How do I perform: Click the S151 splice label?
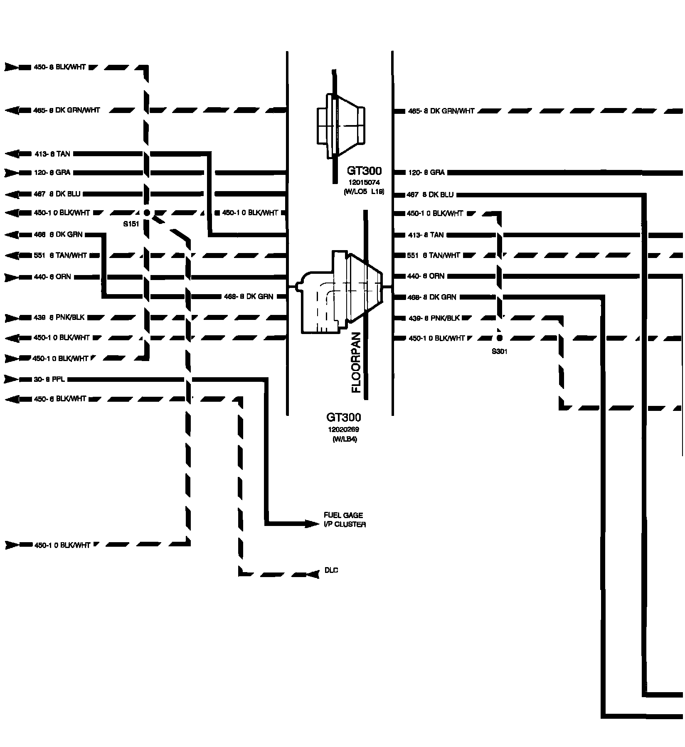131,224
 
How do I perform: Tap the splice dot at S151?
146,213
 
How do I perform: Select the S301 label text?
499,351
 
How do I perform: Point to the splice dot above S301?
499,338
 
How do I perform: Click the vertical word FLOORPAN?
357,362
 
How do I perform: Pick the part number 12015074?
364,182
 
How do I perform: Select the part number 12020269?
343,429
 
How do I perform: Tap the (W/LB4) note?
344,440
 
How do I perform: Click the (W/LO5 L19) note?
364,192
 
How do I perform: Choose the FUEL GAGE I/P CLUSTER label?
345,520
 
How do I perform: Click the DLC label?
331,570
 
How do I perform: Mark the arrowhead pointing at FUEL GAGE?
311,524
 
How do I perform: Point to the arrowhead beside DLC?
313,575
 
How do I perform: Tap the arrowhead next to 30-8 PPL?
12,379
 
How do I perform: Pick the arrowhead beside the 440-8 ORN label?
12,277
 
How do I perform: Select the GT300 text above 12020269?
343,417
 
